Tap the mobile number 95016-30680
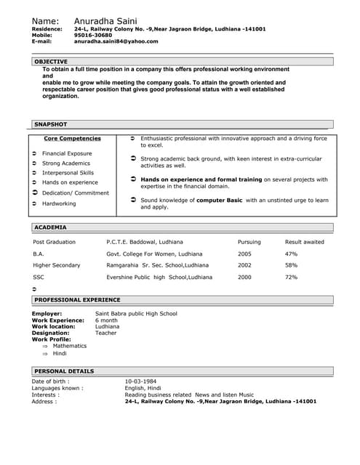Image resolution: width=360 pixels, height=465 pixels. pyautogui.click(x=93, y=35)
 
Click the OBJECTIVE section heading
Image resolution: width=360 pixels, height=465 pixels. pyautogui.click(x=51, y=62)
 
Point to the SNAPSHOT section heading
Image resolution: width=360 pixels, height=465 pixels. pyautogui.click(x=51, y=124)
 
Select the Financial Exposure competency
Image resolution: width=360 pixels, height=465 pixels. pyautogui.click(x=67, y=154)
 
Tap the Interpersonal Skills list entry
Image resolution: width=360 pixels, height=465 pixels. pyautogui.click(x=68, y=173)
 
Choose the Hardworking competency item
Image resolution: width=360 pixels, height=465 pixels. pyautogui.click(x=59, y=203)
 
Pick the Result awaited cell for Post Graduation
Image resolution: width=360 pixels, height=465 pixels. pyautogui.click(x=304, y=241)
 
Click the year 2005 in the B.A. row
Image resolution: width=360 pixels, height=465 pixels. pyautogui.click(x=244, y=254)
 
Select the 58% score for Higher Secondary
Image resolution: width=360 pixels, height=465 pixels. pyautogui.click(x=291, y=265)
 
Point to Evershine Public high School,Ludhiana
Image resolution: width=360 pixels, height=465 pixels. pyautogui.click(x=159, y=277)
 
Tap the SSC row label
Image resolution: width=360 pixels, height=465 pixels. pyautogui.click(x=39, y=277)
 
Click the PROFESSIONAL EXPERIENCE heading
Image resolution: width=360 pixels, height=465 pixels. pyautogui.click(x=77, y=299)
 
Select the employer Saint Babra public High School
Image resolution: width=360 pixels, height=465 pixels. pyautogui.click(x=136, y=313)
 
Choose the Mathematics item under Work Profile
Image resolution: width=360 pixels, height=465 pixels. pyautogui.click(x=69, y=346)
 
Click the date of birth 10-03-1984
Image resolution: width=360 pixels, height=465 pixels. pyautogui.click(x=142, y=381)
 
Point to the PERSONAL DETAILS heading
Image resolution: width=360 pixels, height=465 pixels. pyautogui.click(x=64, y=371)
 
